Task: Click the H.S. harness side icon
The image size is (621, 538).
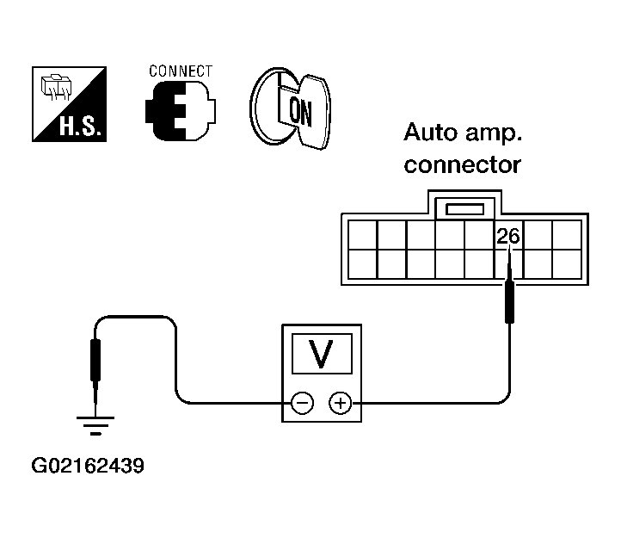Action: point(70,104)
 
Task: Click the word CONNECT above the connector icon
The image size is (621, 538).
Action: point(181,71)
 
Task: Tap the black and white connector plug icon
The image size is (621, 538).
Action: point(181,111)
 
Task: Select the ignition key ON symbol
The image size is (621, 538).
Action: point(290,108)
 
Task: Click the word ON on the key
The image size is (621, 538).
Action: point(300,111)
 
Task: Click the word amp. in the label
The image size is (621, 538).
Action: point(494,134)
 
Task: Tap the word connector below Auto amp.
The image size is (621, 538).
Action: point(462,165)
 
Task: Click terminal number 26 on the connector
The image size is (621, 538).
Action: point(507,237)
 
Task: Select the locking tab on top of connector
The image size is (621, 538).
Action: point(465,208)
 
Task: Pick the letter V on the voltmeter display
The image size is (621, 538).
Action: point(321,354)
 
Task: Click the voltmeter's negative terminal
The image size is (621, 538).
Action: point(303,403)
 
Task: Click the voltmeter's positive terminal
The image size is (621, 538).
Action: point(341,403)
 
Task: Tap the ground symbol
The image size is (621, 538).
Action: point(95,426)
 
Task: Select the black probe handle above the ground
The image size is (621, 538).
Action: point(95,360)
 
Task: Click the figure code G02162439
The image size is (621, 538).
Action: point(88,466)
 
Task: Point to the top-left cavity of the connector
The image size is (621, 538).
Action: point(362,235)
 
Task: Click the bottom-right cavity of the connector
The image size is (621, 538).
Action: point(567,264)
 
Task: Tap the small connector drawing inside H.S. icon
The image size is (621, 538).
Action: point(56,87)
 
